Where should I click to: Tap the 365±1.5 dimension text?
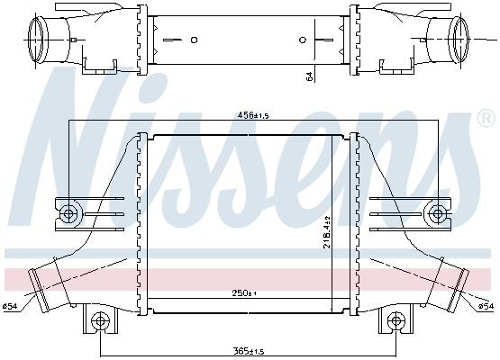(249, 351)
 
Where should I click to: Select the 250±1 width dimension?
(244, 293)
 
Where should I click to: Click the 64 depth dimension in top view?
(309, 76)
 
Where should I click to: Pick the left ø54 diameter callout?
(10, 307)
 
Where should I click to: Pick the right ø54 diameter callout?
(486, 307)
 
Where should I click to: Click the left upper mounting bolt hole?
(68, 213)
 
